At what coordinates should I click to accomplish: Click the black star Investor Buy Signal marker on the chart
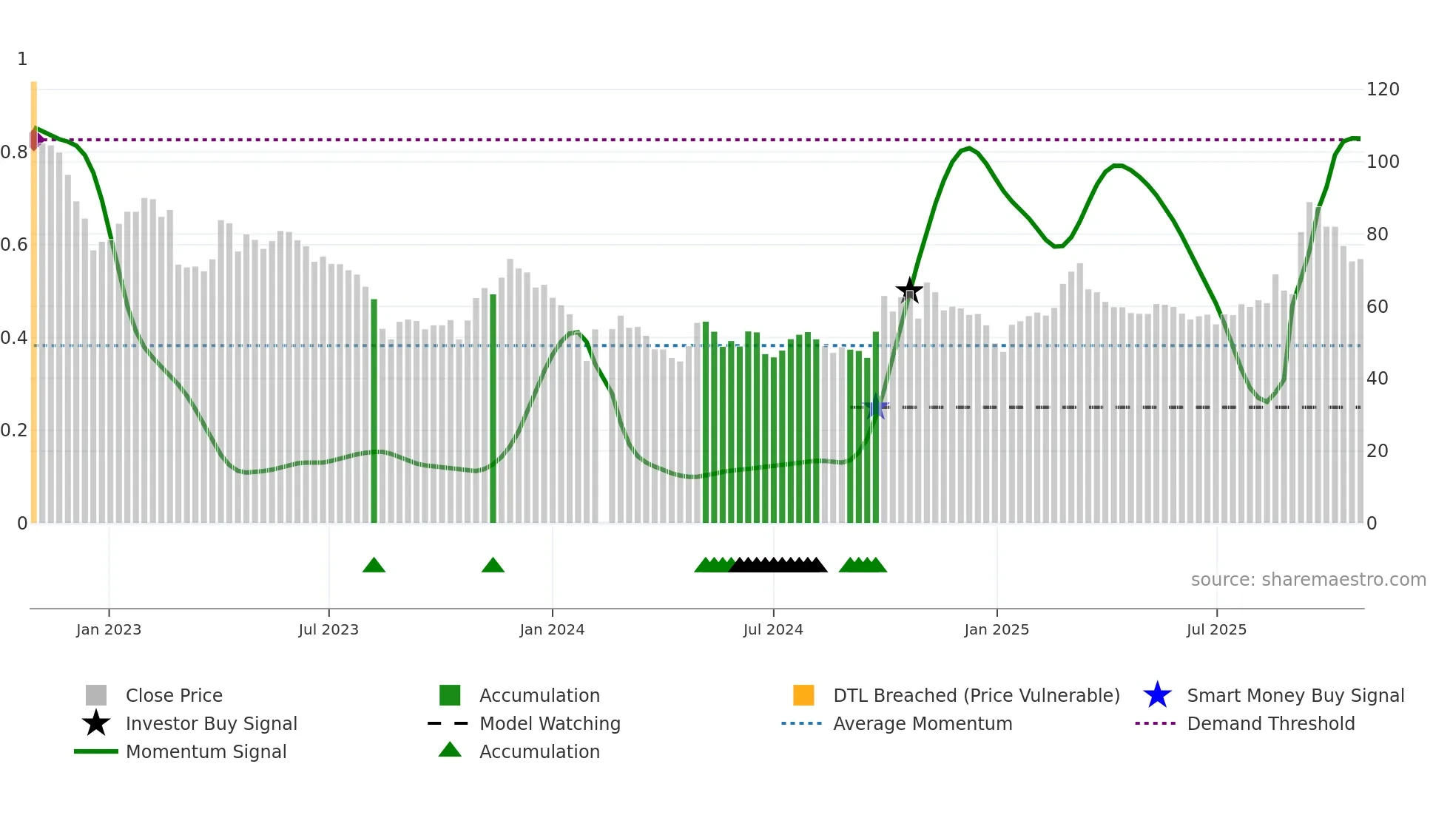909,290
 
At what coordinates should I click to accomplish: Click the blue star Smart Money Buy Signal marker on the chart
876,407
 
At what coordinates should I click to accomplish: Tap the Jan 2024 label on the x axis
552,629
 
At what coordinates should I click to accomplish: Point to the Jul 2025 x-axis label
1216,629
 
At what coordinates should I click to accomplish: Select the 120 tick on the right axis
1382,89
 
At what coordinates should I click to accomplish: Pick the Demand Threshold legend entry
1270,723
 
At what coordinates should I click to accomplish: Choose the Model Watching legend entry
550,723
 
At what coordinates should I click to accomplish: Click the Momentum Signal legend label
206,751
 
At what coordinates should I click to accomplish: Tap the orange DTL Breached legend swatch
803,695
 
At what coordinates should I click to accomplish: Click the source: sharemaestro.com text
1308,580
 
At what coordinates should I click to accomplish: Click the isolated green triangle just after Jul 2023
374,566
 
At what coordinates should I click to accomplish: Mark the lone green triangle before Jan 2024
493,566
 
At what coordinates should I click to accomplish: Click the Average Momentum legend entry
923,723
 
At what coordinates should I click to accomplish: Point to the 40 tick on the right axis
1377,379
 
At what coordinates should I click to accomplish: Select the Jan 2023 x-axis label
109,629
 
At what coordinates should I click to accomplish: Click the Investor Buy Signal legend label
211,723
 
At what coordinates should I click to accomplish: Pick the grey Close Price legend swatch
96,695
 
